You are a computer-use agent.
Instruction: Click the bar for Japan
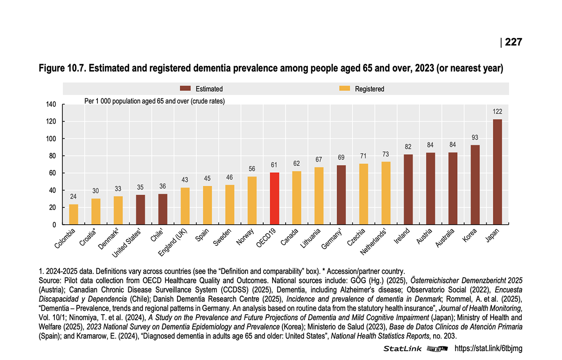(497, 172)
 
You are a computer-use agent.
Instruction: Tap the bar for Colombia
(74, 214)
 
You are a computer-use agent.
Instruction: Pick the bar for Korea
(475, 184)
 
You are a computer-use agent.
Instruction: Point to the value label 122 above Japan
(497, 112)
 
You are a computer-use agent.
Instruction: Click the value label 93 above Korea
(475, 137)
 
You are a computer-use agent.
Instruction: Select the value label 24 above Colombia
(74, 197)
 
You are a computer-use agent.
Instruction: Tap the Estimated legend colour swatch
(186, 88)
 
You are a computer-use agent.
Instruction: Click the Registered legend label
(369, 89)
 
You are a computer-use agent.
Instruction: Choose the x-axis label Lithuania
(311, 238)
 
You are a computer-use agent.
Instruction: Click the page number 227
(513, 42)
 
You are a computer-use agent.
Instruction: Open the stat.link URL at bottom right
(488, 349)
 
